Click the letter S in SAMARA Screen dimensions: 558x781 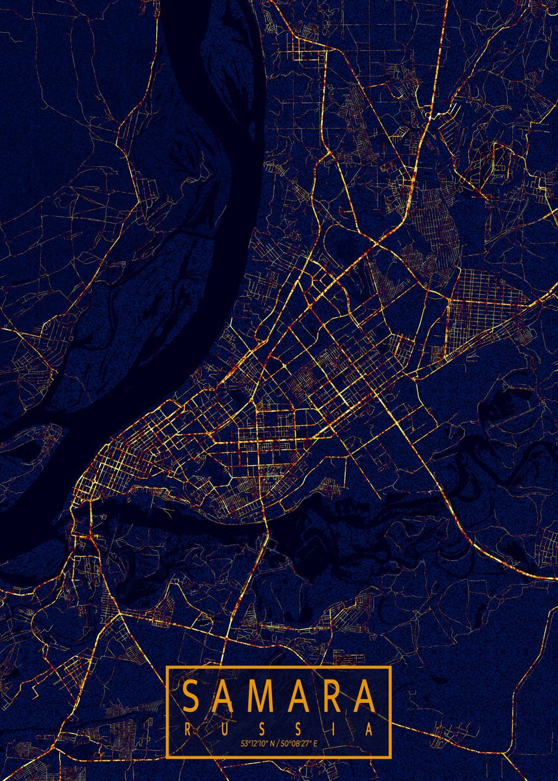(192, 696)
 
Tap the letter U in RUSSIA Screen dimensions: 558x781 (225, 730)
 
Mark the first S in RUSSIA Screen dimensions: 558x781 (261, 730)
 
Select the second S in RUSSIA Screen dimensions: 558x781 (298, 730)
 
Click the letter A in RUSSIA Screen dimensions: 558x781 (369, 730)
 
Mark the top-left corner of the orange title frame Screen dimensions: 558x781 (167, 668)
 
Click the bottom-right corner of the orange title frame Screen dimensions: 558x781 (389, 757)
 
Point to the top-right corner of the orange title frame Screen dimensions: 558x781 (389, 668)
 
